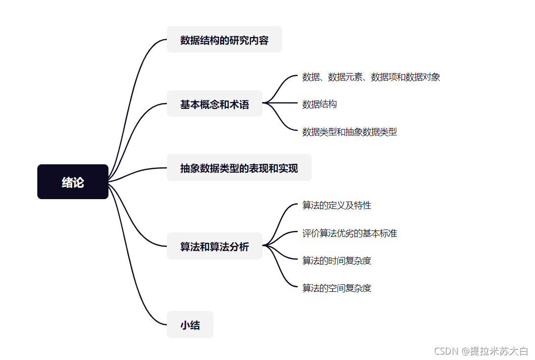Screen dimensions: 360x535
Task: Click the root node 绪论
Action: pyautogui.click(x=73, y=182)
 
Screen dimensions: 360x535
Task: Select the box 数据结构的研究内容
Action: pyautogui.click(x=224, y=40)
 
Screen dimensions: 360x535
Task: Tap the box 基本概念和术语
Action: pyautogui.click(x=214, y=104)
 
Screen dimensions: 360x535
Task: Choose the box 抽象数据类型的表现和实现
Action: pyautogui.click(x=239, y=168)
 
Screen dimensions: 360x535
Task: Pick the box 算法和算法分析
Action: pyautogui.click(x=214, y=246)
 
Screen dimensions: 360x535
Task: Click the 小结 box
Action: pyautogui.click(x=190, y=325)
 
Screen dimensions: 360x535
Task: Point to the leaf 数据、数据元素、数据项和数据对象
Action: pyautogui.click(x=371, y=77)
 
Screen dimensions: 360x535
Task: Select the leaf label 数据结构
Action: pyautogui.click(x=319, y=104)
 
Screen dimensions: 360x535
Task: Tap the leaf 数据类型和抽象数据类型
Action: pyautogui.click(x=349, y=131)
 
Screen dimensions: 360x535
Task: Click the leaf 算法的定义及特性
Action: pyautogui.click(x=337, y=205)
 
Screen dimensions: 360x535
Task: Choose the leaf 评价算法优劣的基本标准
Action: pyautogui.click(x=349, y=233)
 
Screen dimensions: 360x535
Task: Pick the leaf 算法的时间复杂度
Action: pyautogui.click(x=337, y=260)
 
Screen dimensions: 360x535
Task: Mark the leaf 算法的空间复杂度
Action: pyautogui.click(x=337, y=288)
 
